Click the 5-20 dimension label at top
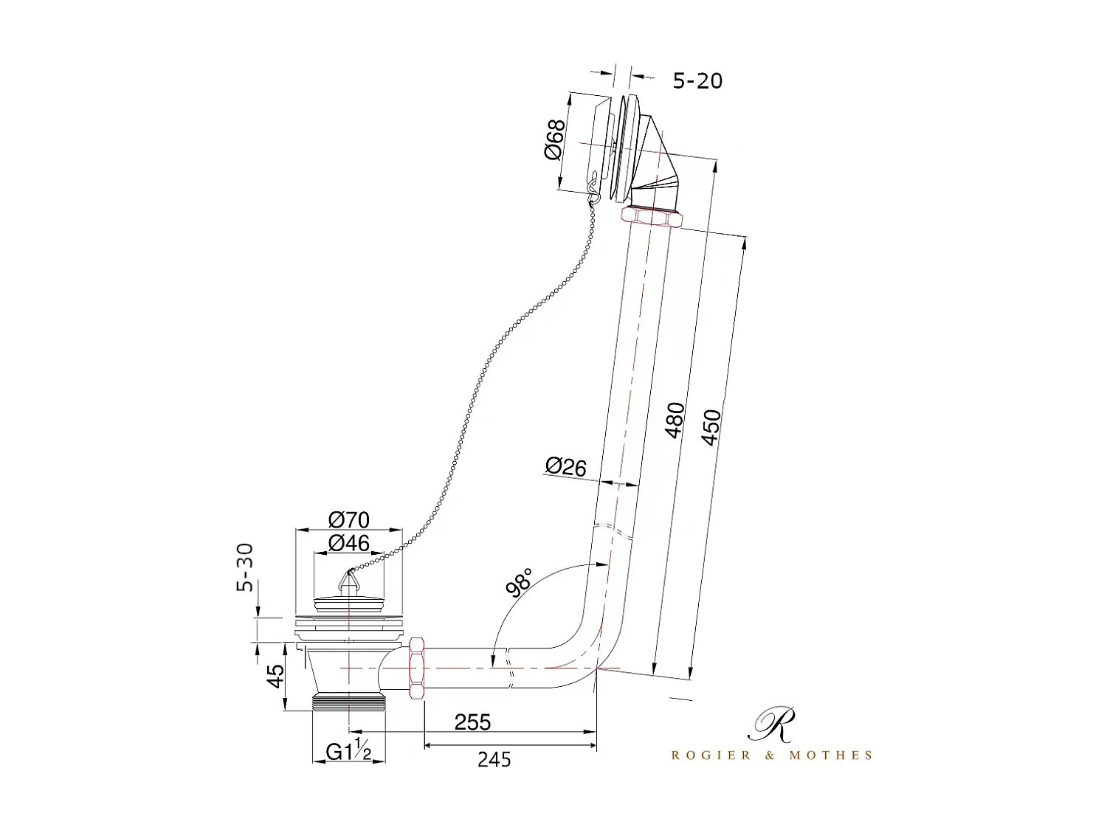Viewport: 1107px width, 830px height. coord(697,80)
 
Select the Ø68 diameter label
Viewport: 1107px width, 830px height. coord(554,139)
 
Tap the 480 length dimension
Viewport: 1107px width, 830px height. coord(675,421)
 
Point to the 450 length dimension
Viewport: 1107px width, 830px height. coord(710,427)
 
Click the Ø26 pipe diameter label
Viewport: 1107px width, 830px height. coord(565,466)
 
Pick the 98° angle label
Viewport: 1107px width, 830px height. coord(519,582)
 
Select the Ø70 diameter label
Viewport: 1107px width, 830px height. coord(348,519)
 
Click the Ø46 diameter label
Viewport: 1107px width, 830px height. coord(348,544)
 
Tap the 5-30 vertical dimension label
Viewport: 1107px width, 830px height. coord(245,567)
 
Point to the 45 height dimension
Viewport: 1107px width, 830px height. coord(275,677)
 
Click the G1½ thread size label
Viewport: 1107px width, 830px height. coord(348,751)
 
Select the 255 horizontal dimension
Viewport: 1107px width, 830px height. coord(472,722)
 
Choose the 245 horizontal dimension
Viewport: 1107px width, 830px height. coord(494,758)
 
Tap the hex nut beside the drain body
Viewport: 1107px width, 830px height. coord(415,667)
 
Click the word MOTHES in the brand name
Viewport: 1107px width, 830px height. coord(831,755)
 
